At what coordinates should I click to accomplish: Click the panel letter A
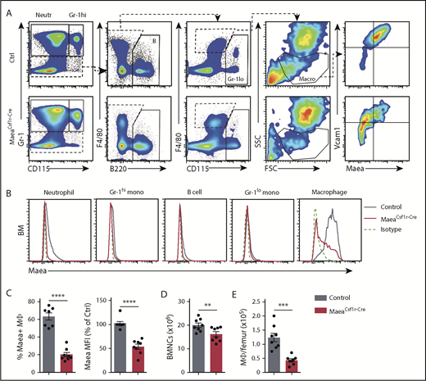[9, 7]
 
